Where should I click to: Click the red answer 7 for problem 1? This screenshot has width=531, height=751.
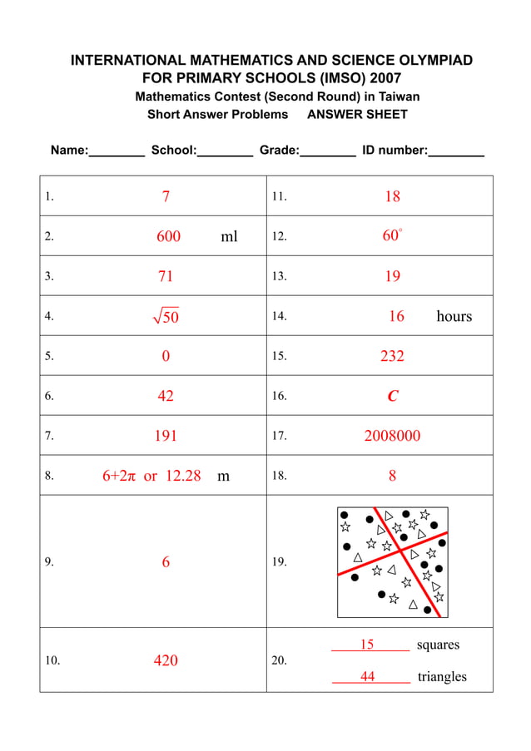coord(166,197)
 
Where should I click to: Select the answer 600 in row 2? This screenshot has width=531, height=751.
coord(168,237)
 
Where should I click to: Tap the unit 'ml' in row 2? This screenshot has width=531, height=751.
coord(229,237)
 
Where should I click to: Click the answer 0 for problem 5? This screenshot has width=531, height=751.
coord(166,356)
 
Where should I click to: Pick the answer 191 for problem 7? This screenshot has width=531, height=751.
coord(166,436)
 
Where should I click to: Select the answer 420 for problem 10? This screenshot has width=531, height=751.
coord(166,661)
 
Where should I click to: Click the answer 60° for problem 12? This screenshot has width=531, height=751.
coord(392,236)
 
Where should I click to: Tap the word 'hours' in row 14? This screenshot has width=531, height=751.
coord(454,316)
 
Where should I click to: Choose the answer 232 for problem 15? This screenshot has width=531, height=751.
coord(392,356)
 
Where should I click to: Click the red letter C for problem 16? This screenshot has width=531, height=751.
coord(393,397)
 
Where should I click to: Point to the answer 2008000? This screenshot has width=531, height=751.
coord(392,436)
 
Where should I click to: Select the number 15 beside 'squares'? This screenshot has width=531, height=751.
coord(367,645)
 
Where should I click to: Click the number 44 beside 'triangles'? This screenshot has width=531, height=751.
coord(367,677)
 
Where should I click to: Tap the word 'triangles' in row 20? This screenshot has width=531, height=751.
coord(442,677)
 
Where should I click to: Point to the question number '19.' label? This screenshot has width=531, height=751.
coord(280,562)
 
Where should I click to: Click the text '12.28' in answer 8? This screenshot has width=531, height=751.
coord(183,476)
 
